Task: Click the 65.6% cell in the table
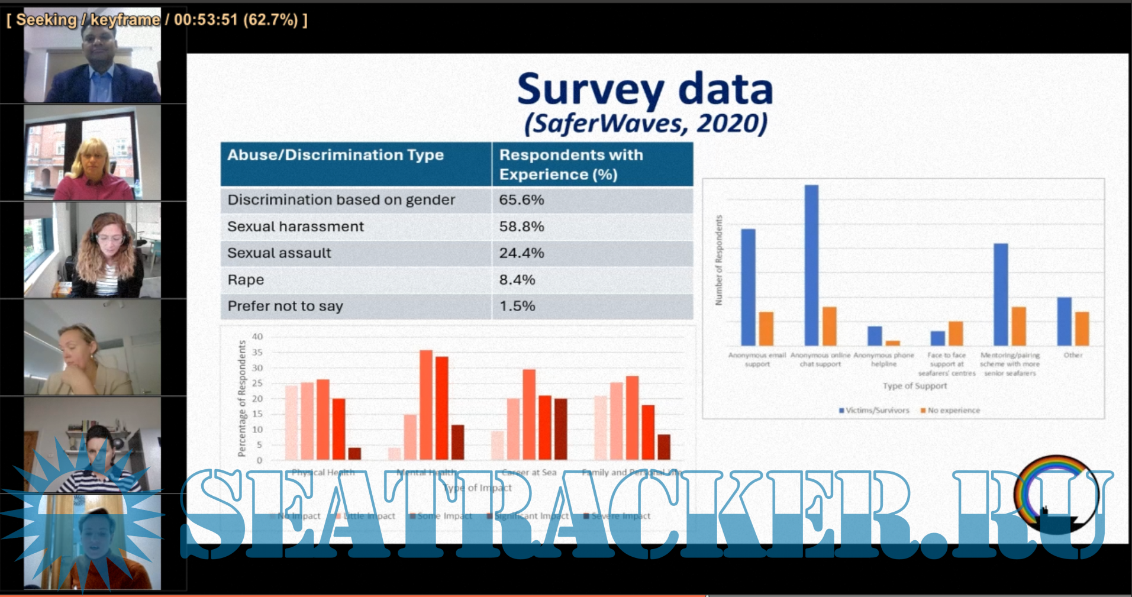pyautogui.click(x=521, y=200)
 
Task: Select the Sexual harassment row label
pyautogui.click(x=295, y=227)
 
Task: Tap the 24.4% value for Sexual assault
pyautogui.click(x=521, y=253)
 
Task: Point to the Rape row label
pyautogui.click(x=246, y=280)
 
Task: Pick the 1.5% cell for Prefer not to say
pyautogui.click(x=517, y=306)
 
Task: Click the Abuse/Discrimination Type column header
pyautogui.click(x=336, y=155)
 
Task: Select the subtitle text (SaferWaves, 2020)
pyautogui.click(x=646, y=124)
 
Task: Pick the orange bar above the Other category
pyautogui.click(x=1082, y=328)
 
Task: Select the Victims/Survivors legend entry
pyautogui.click(x=874, y=410)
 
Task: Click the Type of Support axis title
pyautogui.click(x=915, y=386)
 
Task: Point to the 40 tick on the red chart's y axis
pyautogui.click(x=257, y=337)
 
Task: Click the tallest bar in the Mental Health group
pyautogui.click(x=426, y=405)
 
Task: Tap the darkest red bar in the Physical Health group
pyautogui.click(x=354, y=453)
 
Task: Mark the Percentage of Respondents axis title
pyautogui.click(x=241, y=398)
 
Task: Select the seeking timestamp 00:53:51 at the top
pyautogui.click(x=205, y=20)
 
